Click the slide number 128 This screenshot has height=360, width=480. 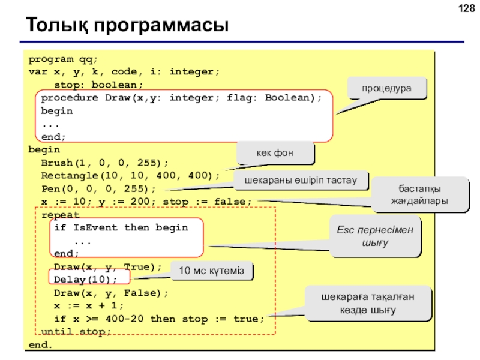point(467,8)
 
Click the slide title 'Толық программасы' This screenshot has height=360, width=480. point(127,25)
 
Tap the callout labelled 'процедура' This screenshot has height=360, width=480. point(386,88)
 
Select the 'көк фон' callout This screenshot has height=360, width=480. point(275,153)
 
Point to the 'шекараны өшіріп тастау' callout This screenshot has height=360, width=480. point(301,180)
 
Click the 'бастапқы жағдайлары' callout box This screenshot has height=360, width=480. point(419,194)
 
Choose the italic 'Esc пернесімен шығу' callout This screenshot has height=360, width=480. point(375,236)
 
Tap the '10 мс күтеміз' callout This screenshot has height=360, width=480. point(212,271)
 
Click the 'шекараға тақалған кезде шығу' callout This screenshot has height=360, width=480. point(368,304)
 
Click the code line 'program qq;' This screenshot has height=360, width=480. point(63,59)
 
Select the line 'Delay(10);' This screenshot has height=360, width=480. point(85,280)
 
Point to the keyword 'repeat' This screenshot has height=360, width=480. point(61,215)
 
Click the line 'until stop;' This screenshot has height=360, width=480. point(76,332)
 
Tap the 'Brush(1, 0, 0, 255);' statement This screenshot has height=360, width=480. point(104,163)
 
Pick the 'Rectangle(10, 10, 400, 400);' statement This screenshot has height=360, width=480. point(130,175)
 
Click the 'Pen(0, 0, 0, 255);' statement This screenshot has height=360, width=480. point(98,188)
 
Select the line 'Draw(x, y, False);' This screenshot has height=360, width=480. point(111,293)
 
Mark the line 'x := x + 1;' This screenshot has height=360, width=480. point(88,305)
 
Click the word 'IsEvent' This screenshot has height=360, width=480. point(95,227)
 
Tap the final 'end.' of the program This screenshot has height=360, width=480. point(40,344)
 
